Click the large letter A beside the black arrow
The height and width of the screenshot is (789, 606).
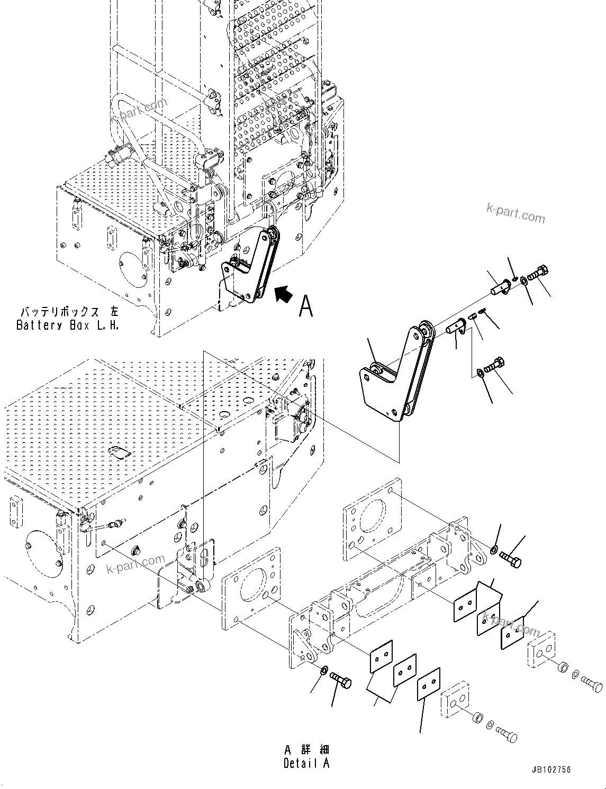point(306,306)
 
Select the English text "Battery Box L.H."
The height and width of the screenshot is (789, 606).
point(68,325)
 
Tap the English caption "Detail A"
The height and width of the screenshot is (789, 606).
point(306,763)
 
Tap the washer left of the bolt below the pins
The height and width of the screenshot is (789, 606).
point(479,374)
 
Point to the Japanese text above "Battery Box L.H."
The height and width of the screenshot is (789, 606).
point(68,312)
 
